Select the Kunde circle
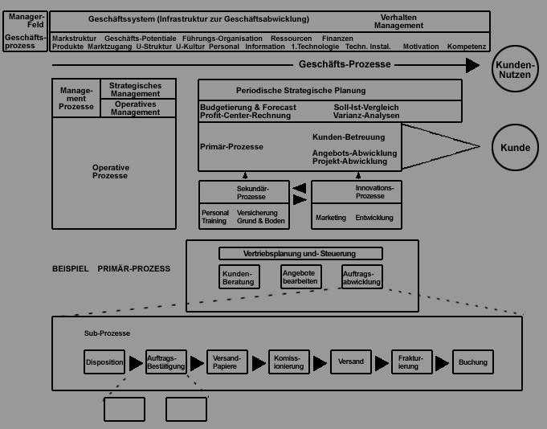coord(515,148)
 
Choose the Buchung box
coord(473,362)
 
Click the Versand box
coord(350,362)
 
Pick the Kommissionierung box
coord(289,362)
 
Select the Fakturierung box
coord(412,362)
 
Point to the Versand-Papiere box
coord(227,362)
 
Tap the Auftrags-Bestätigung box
coord(166,362)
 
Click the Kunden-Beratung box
coord(239,277)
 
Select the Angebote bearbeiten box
coord(301,277)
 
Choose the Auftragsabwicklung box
coord(361,277)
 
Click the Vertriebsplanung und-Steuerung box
coord(300,254)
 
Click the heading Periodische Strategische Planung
coord(300,90)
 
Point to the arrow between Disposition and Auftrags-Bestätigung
coord(135,363)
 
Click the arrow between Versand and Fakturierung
coord(381,363)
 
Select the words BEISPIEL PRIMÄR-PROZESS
coord(112,268)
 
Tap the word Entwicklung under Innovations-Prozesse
coord(374,218)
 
